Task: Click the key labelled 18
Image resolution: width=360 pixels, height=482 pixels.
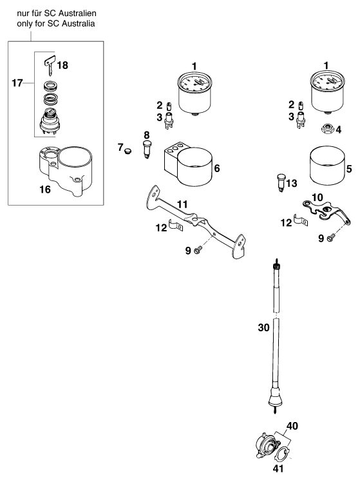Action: coord(50,64)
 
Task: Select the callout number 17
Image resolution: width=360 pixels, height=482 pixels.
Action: coord(17,83)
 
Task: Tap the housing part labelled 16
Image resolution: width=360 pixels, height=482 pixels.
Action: coord(66,170)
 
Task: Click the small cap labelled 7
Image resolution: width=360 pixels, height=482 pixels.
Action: coord(128,151)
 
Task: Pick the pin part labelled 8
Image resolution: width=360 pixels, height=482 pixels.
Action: coord(147,149)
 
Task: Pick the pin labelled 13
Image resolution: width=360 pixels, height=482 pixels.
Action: coord(281,182)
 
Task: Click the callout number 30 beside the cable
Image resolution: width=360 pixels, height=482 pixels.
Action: coord(263,328)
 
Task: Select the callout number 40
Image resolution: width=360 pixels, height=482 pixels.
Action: coord(292,426)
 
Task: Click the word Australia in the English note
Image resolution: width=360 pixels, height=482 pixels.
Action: coord(80,24)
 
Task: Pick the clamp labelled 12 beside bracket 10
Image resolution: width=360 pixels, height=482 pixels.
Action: coord(300,220)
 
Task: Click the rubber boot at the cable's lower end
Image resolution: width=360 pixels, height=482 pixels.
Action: coord(275,397)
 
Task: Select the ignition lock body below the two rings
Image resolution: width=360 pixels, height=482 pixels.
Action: coord(50,122)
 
